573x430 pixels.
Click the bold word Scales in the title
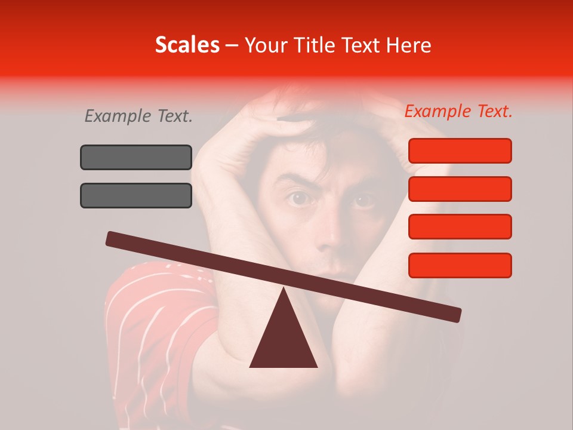(x=187, y=45)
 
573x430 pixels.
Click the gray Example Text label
(x=138, y=116)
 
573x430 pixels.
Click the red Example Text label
(x=458, y=111)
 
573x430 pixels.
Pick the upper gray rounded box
(x=136, y=157)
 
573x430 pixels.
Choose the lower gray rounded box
(x=136, y=195)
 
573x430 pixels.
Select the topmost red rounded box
(x=460, y=150)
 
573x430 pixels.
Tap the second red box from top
(x=460, y=189)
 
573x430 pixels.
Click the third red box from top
(x=460, y=227)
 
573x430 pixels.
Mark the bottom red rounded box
(x=460, y=265)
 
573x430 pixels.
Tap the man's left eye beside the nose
(x=298, y=198)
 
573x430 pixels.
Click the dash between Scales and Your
(x=232, y=45)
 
